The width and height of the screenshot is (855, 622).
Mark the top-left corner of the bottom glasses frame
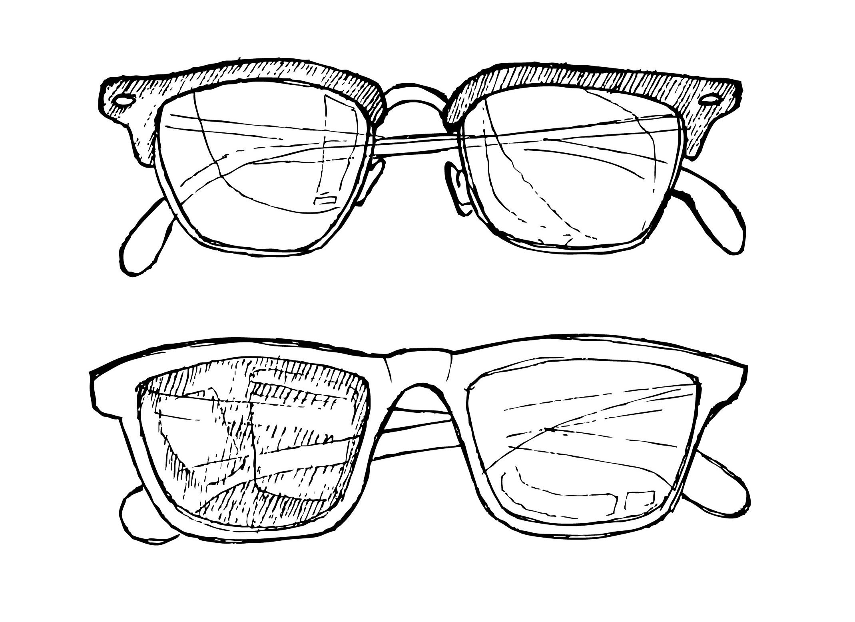click(x=96, y=372)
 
